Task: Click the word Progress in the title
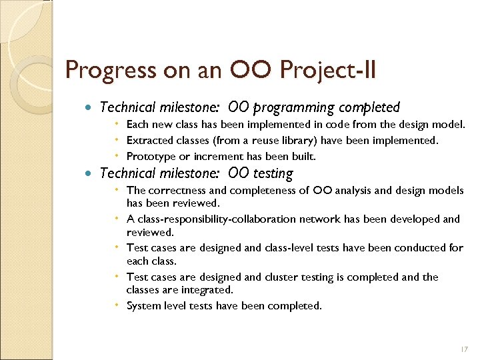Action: [x=103, y=70]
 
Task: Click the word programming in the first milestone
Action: [x=295, y=107]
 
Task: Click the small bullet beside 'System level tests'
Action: [x=117, y=305]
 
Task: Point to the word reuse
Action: [x=248, y=140]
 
